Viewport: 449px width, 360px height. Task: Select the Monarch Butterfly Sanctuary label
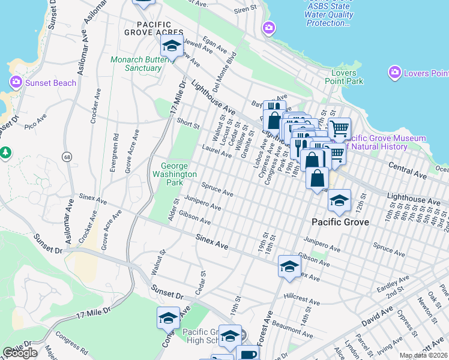[x=136, y=64]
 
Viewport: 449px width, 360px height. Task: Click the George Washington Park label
[x=178, y=174]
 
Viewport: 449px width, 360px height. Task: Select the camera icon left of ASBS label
[x=269, y=28]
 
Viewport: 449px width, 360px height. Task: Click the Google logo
[x=20, y=353]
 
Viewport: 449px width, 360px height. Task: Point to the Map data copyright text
[x=423, y=355]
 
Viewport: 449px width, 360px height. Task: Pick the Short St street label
[x=188, y=124]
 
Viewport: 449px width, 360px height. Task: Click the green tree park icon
[x=6, y=152]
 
